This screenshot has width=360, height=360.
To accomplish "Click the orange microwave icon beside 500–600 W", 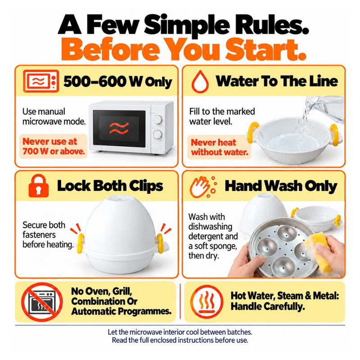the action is pos(41,81).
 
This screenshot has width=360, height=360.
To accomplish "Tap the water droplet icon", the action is pos(200,81).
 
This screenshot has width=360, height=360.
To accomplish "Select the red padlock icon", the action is pos(39,186).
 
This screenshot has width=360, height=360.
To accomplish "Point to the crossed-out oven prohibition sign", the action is pos(42,301).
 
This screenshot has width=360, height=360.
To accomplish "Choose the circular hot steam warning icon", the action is pos(207,301).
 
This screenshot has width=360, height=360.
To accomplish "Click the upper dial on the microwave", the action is pos(158,120).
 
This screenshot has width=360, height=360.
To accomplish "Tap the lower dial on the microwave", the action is pos(158,134).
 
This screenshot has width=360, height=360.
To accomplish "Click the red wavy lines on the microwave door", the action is pos(119,128).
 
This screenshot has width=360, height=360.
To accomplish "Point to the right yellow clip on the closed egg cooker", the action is pos(160,243).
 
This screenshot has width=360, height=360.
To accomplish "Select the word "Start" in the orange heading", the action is pos(266,49).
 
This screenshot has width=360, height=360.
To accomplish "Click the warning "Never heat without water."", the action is pos(220,147).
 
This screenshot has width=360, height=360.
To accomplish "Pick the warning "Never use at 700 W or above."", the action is pos(54,146).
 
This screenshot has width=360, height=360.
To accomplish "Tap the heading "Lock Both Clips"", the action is pos(110,186).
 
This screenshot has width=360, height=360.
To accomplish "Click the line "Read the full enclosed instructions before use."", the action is pos(180,340).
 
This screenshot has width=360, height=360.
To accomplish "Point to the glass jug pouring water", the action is pos(325,108).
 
